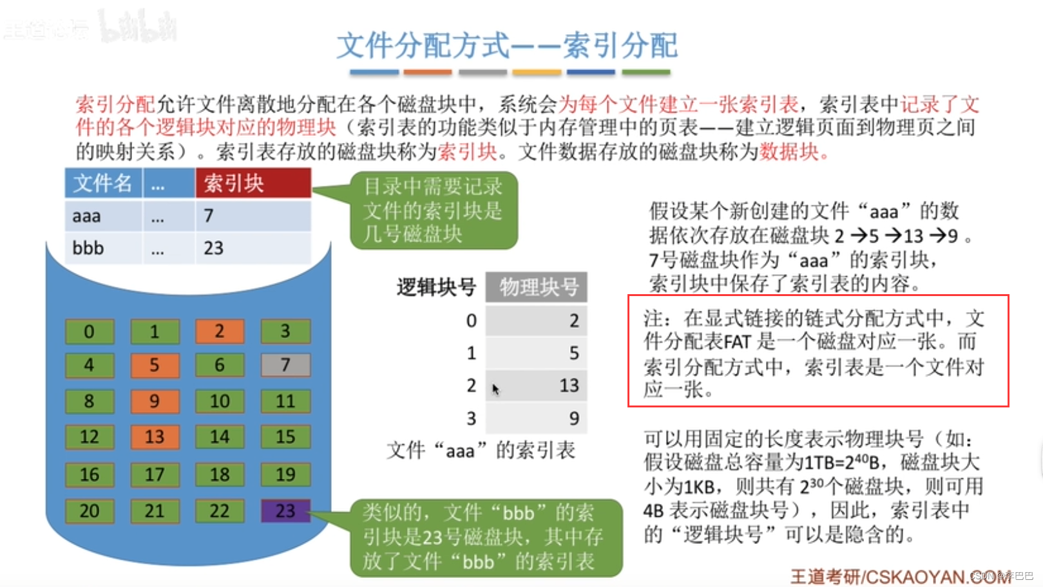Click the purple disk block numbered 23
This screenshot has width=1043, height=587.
pos(285,511)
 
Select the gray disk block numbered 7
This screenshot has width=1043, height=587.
pos(285,365)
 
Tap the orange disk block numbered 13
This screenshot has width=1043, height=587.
pos(155,437)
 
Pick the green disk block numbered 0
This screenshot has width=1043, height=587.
pos(90,331)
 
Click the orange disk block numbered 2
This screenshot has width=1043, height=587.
pos(220,331)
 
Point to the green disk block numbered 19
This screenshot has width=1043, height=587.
pos(285,474)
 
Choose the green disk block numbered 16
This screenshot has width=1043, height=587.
pos(90,474)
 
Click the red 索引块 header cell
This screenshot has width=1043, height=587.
pos(253,183)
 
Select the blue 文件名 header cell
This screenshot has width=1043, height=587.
pos(103,183)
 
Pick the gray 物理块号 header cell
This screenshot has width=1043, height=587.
pos(537,287)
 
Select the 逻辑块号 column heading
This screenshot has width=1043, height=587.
pos(436,287)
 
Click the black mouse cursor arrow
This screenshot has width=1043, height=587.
pos(495,389)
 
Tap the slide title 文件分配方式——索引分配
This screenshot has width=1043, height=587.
pos(507,46)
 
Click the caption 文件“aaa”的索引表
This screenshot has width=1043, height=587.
pos(481,450)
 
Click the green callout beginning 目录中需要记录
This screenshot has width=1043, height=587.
pos(434,210)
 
